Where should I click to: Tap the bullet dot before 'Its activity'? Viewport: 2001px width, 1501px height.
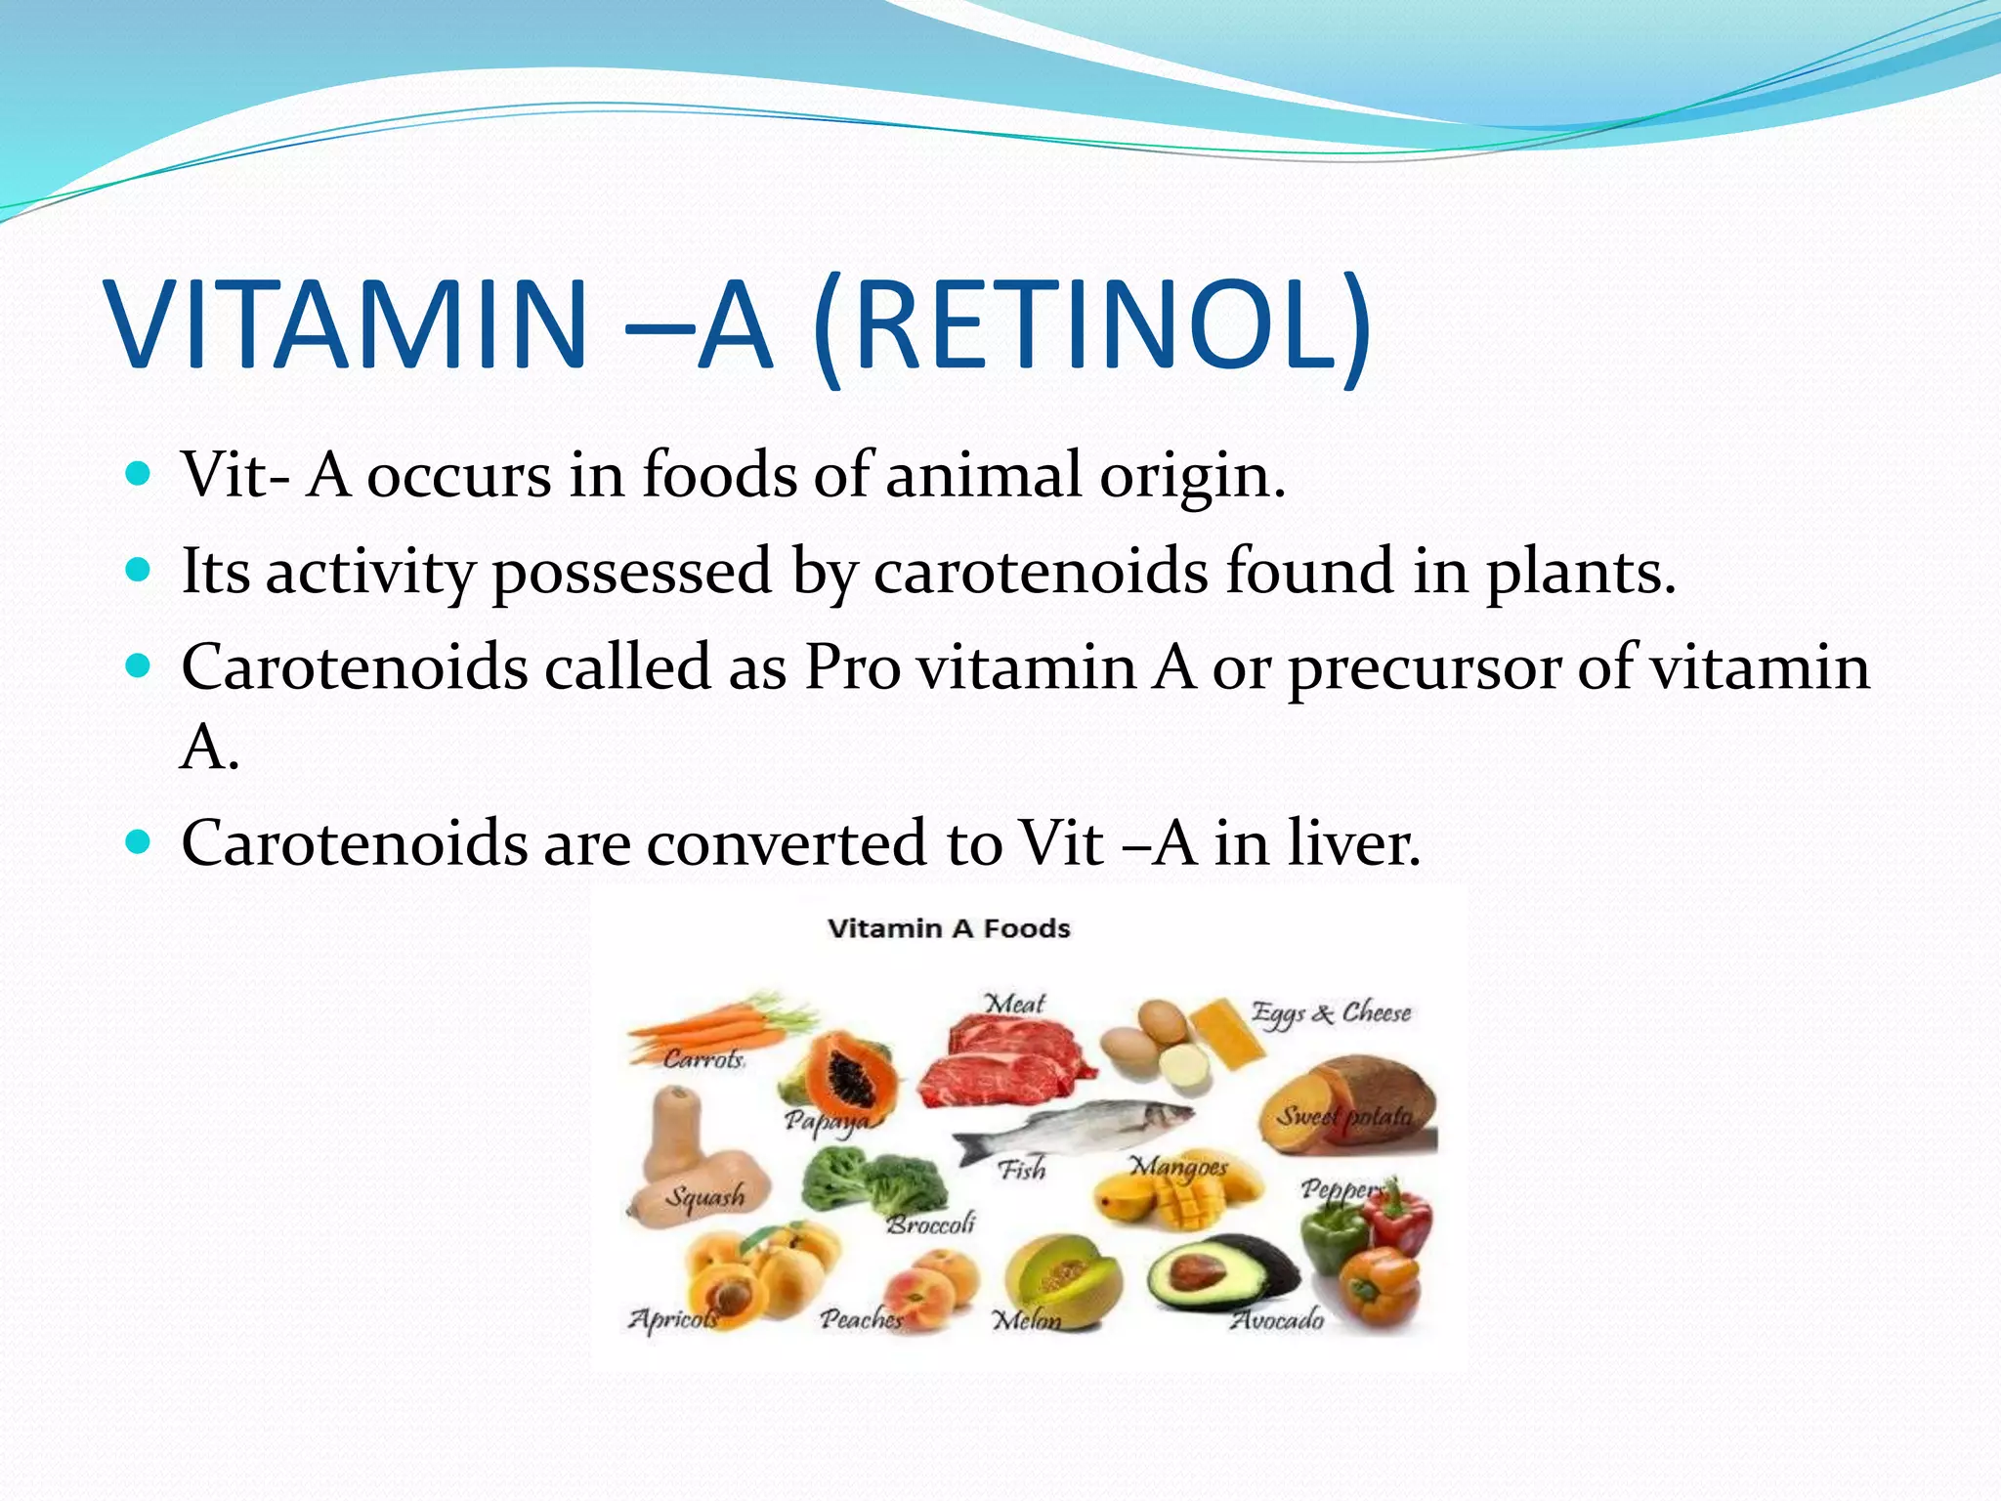pyautogui.click(x=139, y=570)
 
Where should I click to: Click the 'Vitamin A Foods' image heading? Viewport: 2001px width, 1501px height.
pyautogui.click(x=949, y=928)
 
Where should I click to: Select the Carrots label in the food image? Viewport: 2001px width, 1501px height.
pyautogui.click(x=703, y=1059)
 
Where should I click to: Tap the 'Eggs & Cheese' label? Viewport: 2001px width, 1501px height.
pyautogui.click(x=1331, y=1013)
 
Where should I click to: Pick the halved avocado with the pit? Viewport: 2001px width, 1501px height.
pyautogui.click(x=1212, y=1276)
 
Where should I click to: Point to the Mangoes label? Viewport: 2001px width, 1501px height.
pyautogui.click(x=1178, y=1167)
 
